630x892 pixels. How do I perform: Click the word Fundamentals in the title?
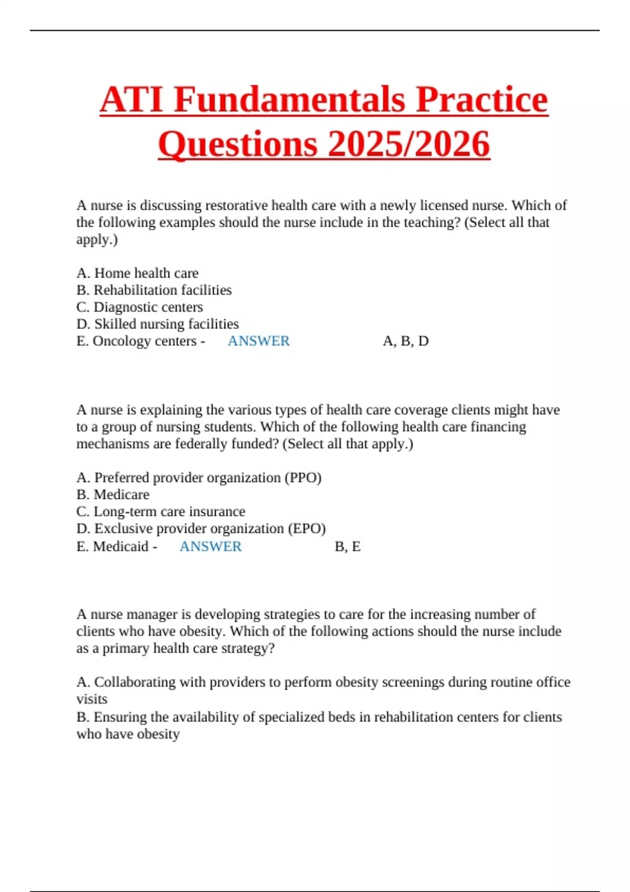click(x=289, y=100)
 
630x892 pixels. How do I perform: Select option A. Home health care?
click(x=138, y=273)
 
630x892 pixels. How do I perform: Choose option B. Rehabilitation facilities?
click(x=154, y=290)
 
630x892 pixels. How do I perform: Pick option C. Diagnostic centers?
click(x=140, y=307)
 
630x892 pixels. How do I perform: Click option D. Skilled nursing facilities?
click(x=157, y=324)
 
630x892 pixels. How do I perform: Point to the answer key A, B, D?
click(x=406, y=341)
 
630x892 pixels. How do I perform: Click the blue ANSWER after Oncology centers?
click(x=258, y=341)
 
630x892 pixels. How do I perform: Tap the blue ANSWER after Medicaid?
click(x=211, y=546)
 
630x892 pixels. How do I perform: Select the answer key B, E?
click(x=348, y=546)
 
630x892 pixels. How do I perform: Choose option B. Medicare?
click(x=113, y=494)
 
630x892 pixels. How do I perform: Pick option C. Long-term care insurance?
click(x=161, y=511)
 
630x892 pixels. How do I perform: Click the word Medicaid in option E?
click(x=121, y=546)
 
